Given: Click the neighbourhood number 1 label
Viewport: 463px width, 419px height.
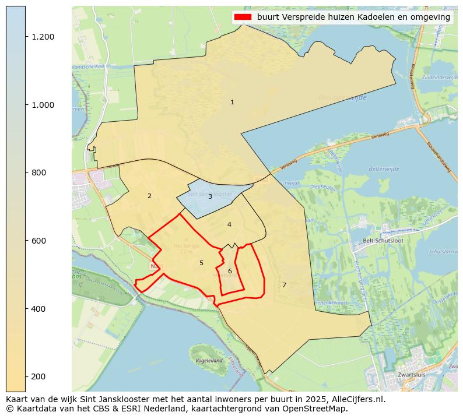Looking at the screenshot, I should click(x=232, y=103).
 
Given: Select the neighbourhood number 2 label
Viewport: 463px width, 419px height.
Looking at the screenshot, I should click(x=149, y=196).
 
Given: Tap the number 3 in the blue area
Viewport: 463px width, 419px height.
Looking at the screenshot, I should click(x=210, y=197).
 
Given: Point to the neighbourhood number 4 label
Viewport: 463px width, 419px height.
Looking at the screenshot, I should click(x=229, y=225).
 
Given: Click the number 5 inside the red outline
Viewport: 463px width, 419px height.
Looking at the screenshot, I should click(x=201, y=263).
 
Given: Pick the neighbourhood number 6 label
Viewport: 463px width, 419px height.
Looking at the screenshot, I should click(x=230, y=272).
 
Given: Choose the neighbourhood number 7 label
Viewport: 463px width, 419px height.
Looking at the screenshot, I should click(x=284, y=286).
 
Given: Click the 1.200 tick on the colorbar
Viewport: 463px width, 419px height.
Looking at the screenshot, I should click(x=43, y=37).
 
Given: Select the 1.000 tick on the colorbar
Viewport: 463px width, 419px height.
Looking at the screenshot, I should click(x=43, y=105).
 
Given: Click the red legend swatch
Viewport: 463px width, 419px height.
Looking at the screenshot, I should click(x=243, y=17).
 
